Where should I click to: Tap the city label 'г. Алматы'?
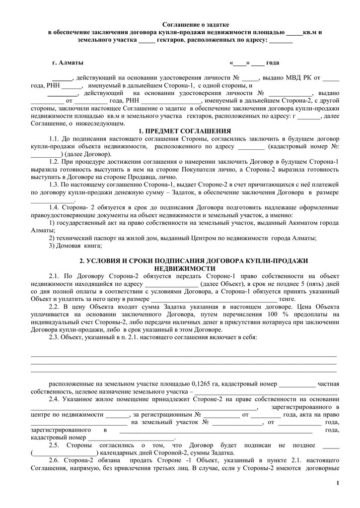[x=68, y=63]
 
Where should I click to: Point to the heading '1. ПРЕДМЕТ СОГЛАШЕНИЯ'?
[x=185, y=130]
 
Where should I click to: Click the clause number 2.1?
[x=55, y=275]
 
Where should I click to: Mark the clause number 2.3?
[x=55, y=337]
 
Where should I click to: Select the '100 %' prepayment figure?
[x=275, y=314]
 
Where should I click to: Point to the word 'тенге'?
[x=287, y=299]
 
